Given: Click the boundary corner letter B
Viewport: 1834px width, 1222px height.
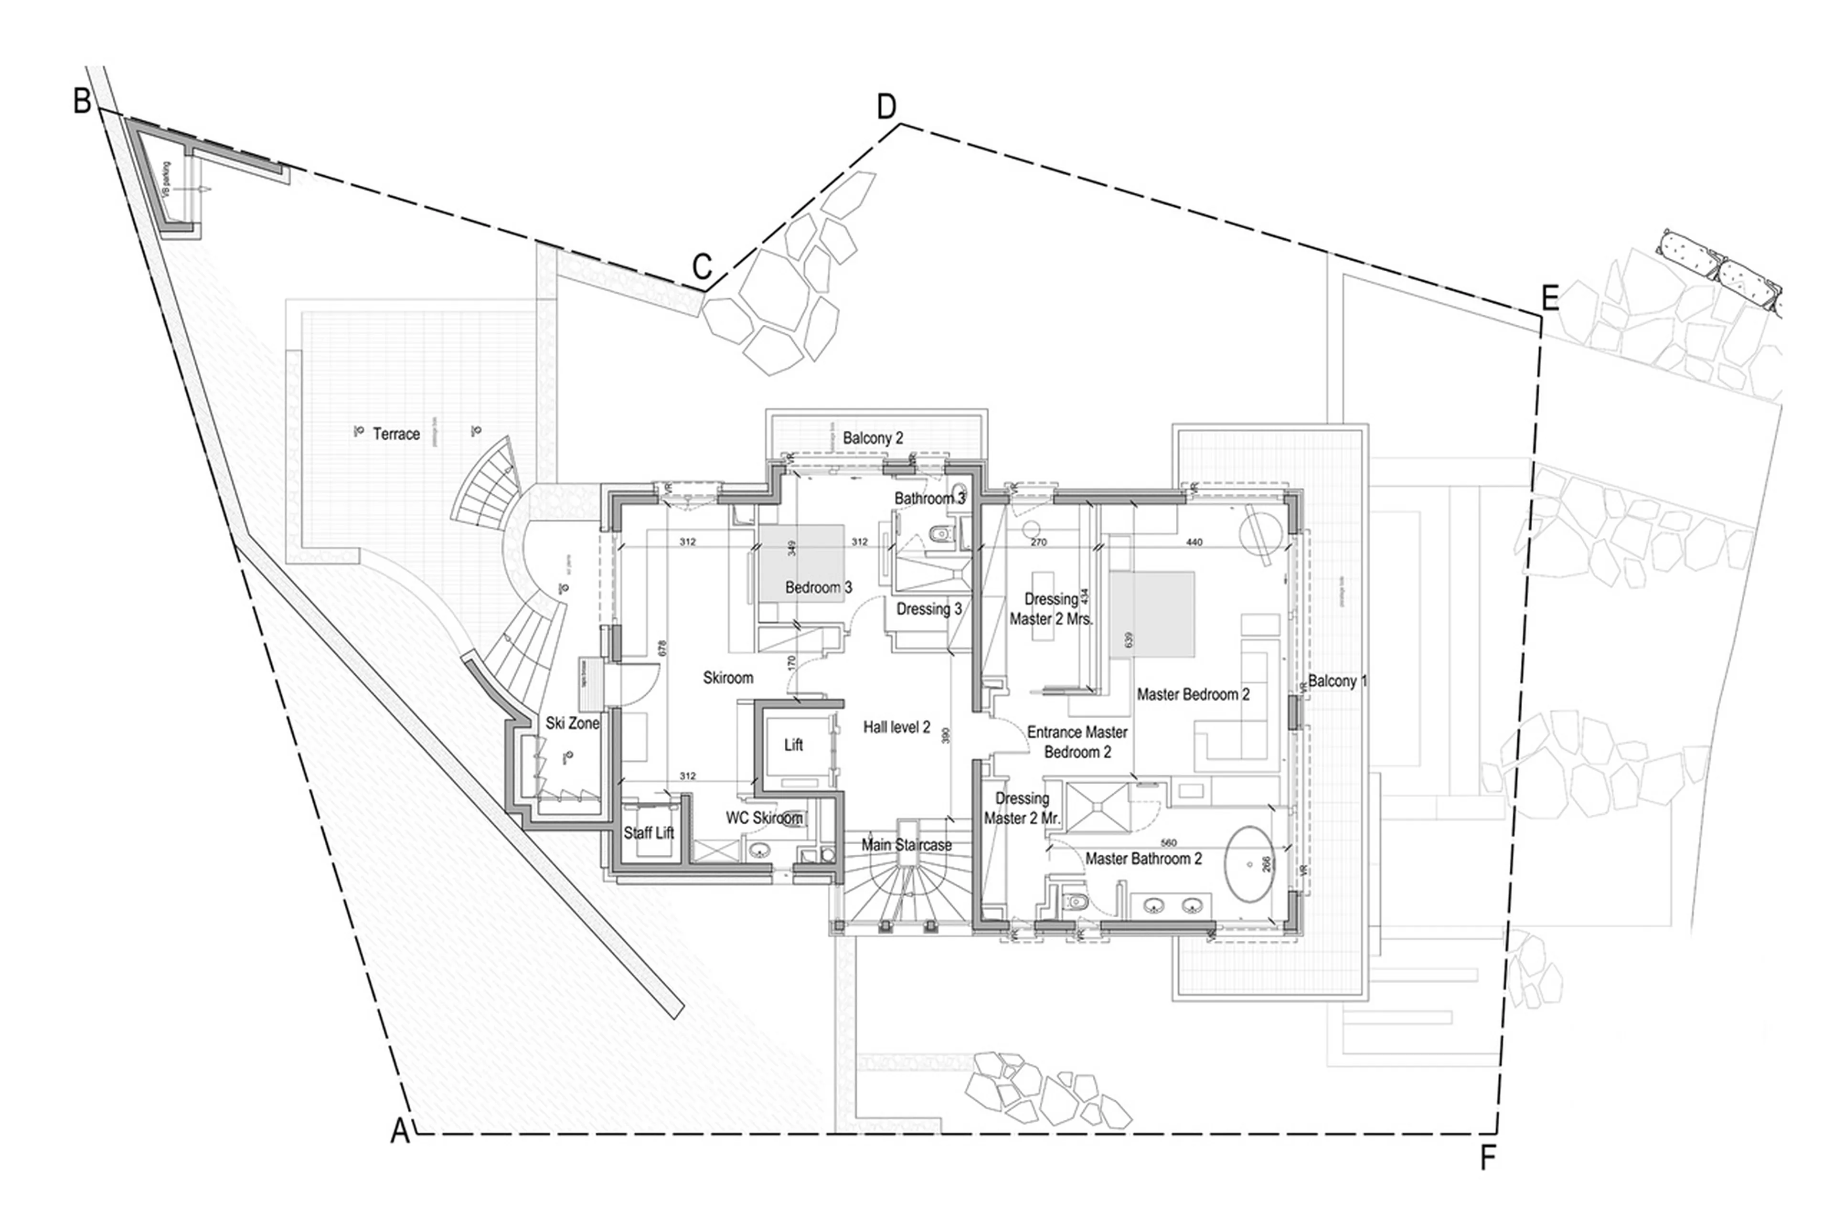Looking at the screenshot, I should [x=82, y=101].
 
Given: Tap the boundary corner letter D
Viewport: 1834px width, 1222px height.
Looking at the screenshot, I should [x=886, y=107].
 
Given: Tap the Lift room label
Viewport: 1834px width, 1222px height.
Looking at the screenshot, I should [x=793, y=745].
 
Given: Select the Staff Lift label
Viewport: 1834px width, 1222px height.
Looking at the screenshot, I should [x=649, y=833].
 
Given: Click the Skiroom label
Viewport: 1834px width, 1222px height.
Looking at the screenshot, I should [x=728, y=678].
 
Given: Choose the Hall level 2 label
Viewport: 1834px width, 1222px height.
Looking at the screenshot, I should [x=896, y=727].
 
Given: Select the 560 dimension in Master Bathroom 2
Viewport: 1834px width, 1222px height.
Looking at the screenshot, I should [x=1168, y=842].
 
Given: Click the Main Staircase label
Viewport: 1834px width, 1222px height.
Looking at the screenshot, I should [x=906, y=845].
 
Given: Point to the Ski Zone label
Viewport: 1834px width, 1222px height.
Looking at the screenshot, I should [x=572, y=723].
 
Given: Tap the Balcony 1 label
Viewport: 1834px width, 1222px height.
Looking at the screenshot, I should [x=1337, y=681].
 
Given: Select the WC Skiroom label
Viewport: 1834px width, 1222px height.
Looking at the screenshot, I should [x=764, y=818].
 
